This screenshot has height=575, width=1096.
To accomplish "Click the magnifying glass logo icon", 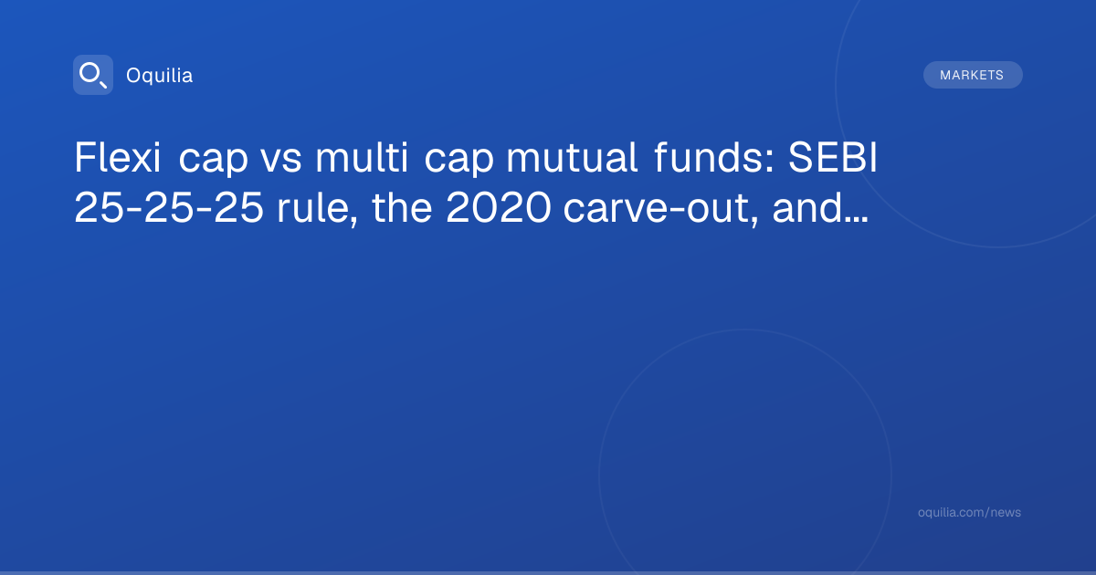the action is (93, 75).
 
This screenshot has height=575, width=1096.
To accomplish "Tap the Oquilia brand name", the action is (160, 76).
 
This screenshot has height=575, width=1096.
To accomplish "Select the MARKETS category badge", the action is (973, 75).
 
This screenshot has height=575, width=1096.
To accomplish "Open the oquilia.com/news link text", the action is (969, 512).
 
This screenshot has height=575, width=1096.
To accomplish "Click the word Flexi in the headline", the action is (118, 157).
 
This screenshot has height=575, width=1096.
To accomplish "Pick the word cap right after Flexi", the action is (214, 162).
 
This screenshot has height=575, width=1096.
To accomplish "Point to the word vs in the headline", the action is (281, 162).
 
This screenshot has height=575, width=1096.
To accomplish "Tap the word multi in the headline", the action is (362, 157).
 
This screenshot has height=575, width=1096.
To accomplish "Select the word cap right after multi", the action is (458, 162).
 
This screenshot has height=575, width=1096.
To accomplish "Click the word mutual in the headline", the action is (572, 157).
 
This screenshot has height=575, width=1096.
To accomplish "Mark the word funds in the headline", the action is (708, 157).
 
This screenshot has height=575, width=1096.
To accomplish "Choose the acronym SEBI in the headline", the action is (833, 157).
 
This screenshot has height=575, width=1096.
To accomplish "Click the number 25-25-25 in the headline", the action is (169, 208).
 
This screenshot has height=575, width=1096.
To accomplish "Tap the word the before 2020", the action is (402, 207).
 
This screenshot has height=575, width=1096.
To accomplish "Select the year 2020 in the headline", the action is (498, 208).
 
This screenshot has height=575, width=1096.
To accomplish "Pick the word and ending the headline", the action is (807, 207).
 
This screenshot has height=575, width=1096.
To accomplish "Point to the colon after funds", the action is (770, 162).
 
